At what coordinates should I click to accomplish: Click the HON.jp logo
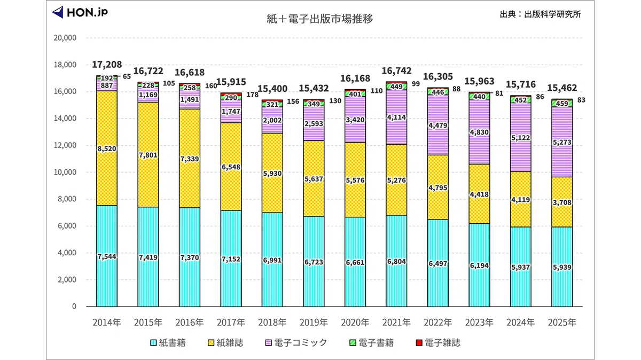coord(80,12)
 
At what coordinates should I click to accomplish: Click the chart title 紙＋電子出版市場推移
coord(320,19)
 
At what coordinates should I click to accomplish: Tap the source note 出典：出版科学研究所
coord(540,14)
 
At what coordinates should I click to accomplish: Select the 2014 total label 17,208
coord(107,65)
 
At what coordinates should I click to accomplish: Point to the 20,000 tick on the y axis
coord(65,38)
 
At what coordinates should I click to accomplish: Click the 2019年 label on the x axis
coord(314,323)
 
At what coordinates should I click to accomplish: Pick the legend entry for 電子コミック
coord(296,342)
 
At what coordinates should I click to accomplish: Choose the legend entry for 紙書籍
coord(168,342)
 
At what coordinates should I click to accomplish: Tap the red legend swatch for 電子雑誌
coord(419,342)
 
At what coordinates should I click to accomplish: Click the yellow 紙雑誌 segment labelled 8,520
coord(107,148)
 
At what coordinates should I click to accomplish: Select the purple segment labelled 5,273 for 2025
coord(562,142)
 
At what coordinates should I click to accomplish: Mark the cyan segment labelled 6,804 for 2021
coord(396,261)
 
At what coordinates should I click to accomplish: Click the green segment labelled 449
coord(396,86)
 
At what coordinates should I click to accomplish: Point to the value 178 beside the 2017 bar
coord(252,95)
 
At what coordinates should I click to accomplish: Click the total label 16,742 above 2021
coord(396,71)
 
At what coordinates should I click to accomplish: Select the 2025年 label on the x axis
coord(562,323)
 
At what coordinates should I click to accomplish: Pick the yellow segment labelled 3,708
coord(562,202)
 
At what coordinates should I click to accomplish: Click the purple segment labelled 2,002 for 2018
coord(272,120)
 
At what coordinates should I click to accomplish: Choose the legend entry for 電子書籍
coord(372,342)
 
